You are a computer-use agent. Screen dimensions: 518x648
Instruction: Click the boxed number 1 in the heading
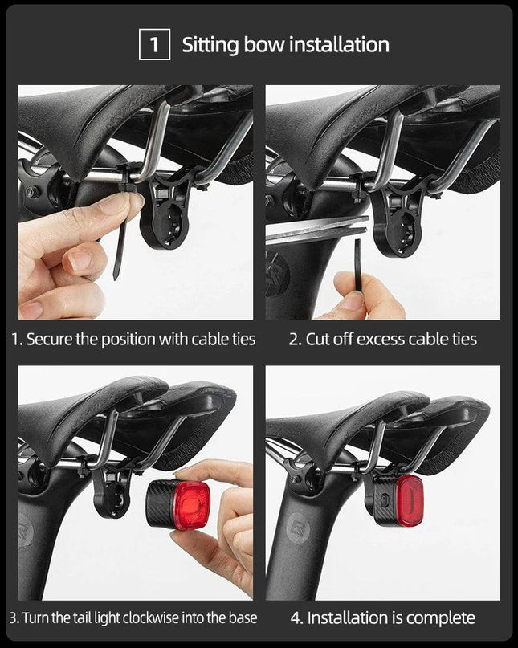coord(154,44)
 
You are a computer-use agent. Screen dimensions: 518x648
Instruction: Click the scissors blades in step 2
coord(317,230)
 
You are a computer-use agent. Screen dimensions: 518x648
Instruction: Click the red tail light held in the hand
coord(177,504)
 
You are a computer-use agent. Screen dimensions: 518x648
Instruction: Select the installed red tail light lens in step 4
coord(409,500)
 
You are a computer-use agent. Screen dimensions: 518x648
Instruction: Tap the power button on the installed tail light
coord(385,500)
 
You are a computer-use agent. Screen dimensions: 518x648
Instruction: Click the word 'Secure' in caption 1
coord(49,340)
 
